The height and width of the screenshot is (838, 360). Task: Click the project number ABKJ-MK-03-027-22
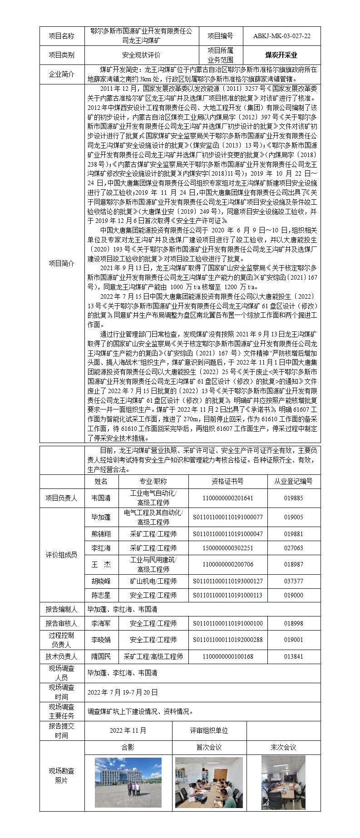pos(282,36)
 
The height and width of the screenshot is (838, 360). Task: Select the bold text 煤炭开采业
pos(281,55)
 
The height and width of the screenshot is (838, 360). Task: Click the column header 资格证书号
pos(227,482)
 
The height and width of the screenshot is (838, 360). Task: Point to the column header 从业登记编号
pos(293,482)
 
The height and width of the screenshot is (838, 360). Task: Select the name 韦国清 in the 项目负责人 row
pos(101,498)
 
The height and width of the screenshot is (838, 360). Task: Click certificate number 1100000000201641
pos(227,498)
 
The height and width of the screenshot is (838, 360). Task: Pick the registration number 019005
pos(293,517)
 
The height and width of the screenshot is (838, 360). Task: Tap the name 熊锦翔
pos(101,534)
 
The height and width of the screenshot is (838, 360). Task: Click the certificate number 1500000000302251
pos(227,548)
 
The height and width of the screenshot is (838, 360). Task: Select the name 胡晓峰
pos(101,581)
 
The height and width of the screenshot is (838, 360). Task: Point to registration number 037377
pos(293,581)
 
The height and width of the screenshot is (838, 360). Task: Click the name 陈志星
pos(101,596)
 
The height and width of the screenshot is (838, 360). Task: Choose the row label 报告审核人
pos(62,624)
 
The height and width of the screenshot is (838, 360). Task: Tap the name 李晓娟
pos(101,640)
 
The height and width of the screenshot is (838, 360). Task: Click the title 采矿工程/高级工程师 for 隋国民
pos(153,656)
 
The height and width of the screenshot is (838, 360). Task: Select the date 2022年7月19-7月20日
pos(123,692)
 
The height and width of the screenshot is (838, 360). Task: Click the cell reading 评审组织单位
pos(209,730)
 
